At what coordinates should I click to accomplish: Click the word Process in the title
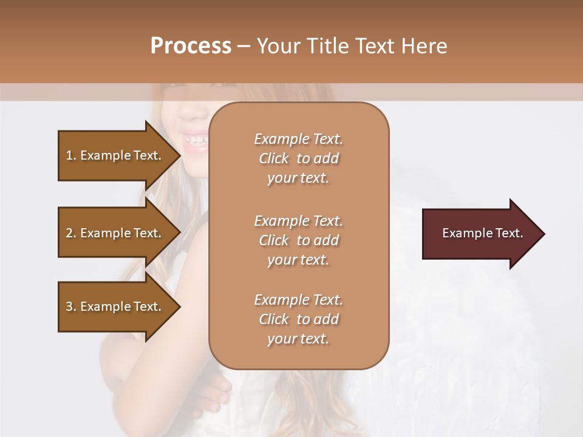191,46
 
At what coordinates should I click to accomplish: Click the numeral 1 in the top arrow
69,155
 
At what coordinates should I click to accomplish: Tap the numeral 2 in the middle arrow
69,233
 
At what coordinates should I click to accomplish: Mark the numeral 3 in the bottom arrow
69,307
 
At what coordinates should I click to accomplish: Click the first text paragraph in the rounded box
298,158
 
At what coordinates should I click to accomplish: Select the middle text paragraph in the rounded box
298,240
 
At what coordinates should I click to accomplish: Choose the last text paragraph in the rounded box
298,319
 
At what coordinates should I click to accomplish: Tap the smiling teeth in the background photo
196,140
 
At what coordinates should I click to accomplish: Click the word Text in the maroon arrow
508,233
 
